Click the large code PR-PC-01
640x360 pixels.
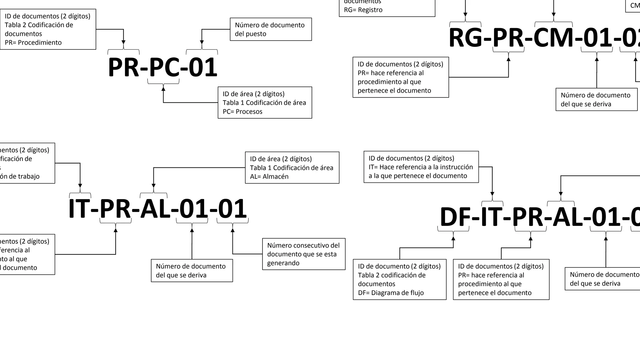point(162,67)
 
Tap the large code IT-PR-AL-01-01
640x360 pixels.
point(157,209)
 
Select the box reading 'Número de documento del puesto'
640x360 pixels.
point(271,29)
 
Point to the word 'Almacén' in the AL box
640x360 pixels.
point(276,177)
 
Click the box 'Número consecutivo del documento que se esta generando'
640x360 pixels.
point(303,254)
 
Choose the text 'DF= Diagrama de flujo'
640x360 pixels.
point(391,293)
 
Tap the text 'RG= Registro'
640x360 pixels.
point(363,10)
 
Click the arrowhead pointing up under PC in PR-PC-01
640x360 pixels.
point(163,89)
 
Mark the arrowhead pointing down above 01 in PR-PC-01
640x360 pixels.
point(202,42)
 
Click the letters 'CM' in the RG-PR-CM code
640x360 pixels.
point(553,38)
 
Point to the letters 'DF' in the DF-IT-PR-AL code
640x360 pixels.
point(455,217)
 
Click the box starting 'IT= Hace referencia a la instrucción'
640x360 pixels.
point(421,167)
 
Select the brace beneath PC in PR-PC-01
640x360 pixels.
point(163,82)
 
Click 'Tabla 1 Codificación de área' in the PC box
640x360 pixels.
point(264,103)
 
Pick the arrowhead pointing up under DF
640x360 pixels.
point(453,238)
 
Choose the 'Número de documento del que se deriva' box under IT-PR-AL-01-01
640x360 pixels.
point(192,271)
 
